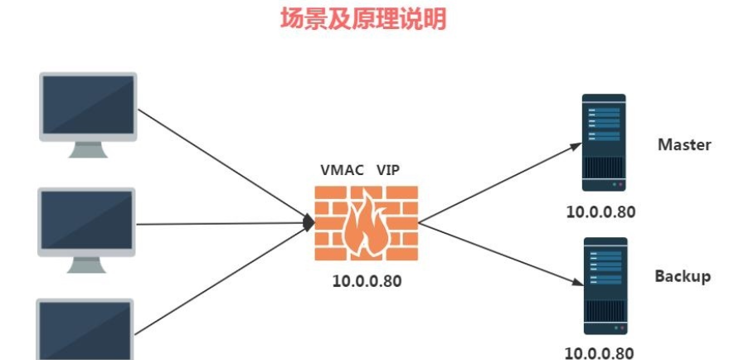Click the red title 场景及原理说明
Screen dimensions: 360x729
(x=363, y=19)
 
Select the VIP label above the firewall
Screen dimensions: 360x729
(x=388, y=170)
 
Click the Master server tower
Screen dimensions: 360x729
(x=603, y=143)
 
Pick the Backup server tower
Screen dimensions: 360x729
(x=603, y=286)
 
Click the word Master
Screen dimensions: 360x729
(x=684, y=144)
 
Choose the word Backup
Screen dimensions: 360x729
(x=683, y=276)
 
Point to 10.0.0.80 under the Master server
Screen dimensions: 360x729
(x=601, y=212)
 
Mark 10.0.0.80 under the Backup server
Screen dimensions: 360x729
(x=601, y=353)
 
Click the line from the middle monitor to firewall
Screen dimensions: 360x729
(x=224, y=222)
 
